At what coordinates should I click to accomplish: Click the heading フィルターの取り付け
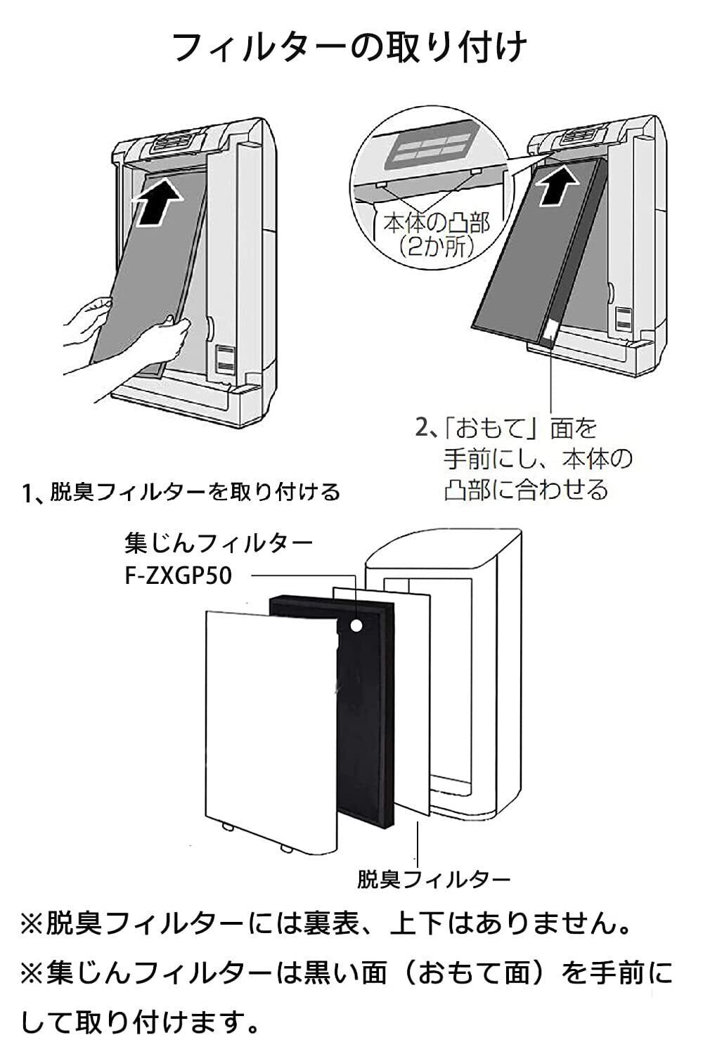click(349, 47)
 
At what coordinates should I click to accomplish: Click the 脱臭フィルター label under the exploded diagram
click(434, 879)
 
